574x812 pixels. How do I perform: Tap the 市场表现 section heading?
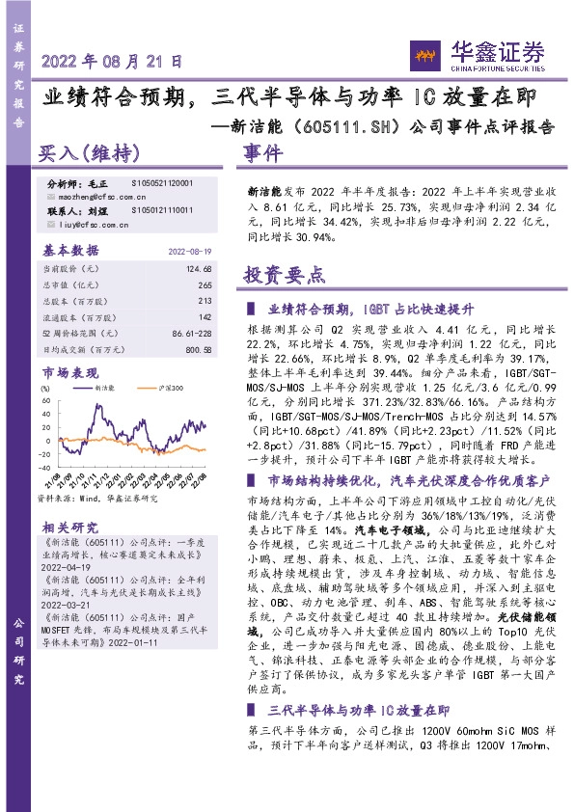pos(70,371)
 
